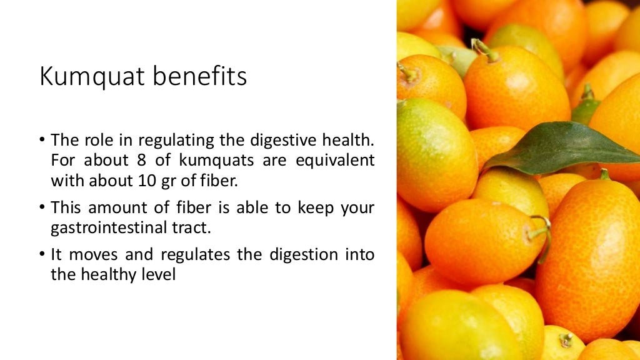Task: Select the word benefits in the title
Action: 200,77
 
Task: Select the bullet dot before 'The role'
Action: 42,139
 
